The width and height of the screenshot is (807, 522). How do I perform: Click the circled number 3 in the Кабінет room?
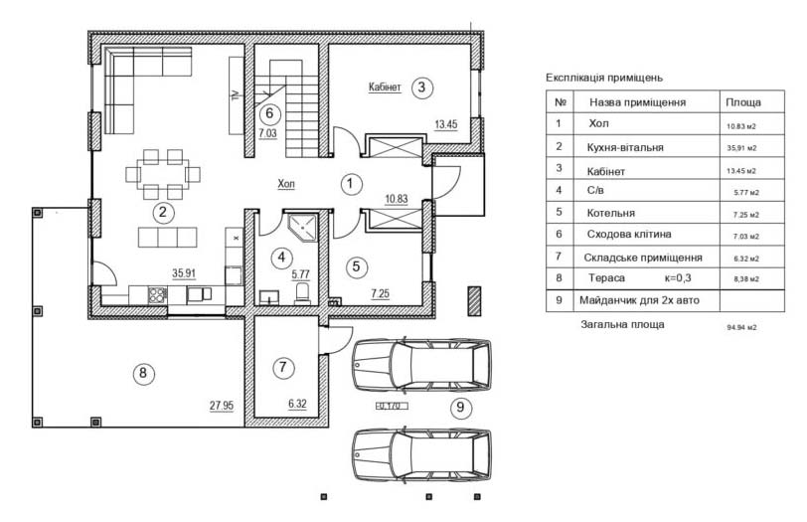(x=422, y=87)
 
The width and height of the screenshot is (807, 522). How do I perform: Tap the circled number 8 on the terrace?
(x=143, y=373)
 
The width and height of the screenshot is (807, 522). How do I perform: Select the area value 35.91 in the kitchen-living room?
(x=184, y=273)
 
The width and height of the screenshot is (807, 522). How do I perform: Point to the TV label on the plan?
(x=236, y=94)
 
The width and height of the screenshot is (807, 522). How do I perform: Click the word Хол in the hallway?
(x=286, y=184)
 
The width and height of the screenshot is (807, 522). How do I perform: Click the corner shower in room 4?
(x=303, y=227)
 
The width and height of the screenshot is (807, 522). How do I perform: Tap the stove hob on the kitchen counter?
(x=157, y=294)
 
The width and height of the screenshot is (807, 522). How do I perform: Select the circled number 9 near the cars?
(x=460, y=408)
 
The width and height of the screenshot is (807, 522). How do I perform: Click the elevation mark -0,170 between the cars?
(x=393, y=407)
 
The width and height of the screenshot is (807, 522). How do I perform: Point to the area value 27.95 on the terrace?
(x=222, y=406)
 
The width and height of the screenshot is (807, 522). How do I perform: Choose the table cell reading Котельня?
(x=611, y=213)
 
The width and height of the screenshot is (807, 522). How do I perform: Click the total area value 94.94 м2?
(x=741, y=327)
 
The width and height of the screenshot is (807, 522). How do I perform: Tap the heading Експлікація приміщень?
(x=604, y=78)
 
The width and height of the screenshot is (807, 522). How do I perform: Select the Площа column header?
(x=743, y=102)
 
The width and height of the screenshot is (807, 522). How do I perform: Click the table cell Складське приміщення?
(x=643, y=258)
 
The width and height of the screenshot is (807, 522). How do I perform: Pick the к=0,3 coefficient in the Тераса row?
(x=678, y=278)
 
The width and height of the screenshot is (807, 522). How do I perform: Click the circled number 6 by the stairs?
(x=269, y=112)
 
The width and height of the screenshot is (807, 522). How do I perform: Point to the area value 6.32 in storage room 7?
(x=297, y=404)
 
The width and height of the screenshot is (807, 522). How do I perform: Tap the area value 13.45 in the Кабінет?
(x=445, y=124)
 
